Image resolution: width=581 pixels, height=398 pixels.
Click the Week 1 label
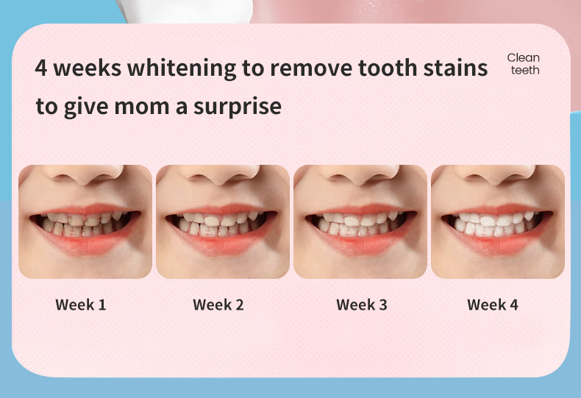pos(81,305)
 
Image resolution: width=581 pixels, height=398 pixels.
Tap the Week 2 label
pos(218,305)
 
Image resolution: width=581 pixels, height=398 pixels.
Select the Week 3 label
pos(362,305)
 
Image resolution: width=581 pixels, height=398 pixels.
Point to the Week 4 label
pos(493,305)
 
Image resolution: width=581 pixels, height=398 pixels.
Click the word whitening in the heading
pos(182,68)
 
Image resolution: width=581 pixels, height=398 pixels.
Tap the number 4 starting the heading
pos(40,68)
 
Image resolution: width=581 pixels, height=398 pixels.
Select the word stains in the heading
pos(455,68)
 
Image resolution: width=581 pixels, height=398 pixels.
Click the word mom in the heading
pos(141,107)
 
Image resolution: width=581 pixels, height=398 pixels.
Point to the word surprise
pos(238,107)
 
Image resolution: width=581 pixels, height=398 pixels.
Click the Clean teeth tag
pos(524,64)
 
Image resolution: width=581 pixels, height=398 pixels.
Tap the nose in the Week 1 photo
pos(86,174)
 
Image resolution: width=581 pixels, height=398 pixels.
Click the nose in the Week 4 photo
pos(498,174)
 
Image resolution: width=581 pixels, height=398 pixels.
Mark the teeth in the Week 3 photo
pos(360,224)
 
